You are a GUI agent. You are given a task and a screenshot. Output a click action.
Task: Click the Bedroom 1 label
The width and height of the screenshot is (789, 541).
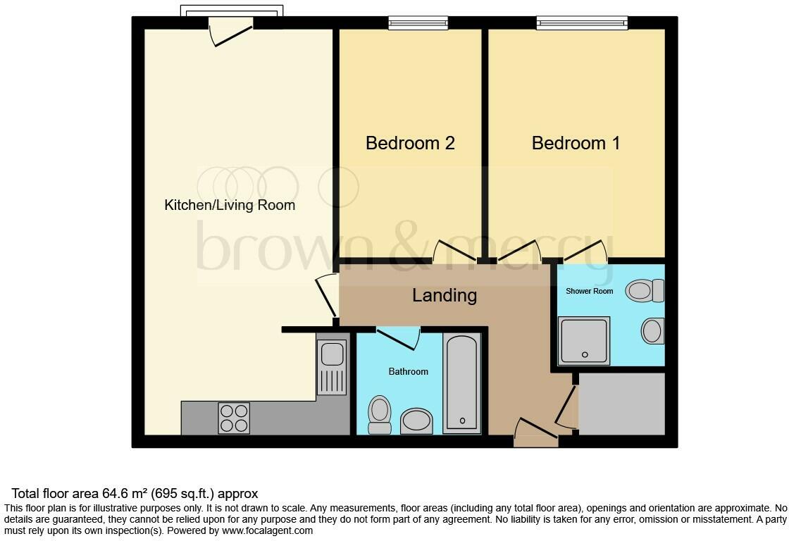[x=576, y=144]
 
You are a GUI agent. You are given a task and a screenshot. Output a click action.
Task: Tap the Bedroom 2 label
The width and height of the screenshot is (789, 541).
[x=410, y=144]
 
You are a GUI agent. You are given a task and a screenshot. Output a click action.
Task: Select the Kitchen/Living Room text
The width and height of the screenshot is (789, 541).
[x=230, y=206]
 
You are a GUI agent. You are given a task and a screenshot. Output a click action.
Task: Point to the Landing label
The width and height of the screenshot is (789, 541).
[x=445, y=295]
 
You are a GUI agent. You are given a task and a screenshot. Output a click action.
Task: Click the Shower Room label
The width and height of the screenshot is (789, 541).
[x=589, y=291]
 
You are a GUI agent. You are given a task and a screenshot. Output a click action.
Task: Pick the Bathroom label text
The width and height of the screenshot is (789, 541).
[x=408, y=371]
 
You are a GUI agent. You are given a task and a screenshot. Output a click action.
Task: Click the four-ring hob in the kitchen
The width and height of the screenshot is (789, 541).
[x=234, y=417]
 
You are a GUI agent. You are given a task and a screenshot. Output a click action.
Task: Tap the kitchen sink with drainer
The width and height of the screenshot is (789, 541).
[x=331, y=366]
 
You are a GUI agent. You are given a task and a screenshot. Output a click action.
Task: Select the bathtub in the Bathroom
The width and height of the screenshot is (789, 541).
[x=462, y=384]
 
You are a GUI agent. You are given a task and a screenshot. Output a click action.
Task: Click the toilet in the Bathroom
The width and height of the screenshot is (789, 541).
[x=380, y=414]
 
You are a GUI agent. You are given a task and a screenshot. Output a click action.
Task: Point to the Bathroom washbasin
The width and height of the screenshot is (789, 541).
[x=416, y=421]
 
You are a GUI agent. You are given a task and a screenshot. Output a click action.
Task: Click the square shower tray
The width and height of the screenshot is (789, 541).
[x=583, y=340]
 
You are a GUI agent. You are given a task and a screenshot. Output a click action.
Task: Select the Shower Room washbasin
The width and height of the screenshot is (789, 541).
[x=653, y=330]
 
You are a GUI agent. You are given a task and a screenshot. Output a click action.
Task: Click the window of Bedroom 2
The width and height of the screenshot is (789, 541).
[x=418, y=23]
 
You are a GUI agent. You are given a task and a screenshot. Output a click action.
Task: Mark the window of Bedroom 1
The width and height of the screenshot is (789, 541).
[x=582, y=23]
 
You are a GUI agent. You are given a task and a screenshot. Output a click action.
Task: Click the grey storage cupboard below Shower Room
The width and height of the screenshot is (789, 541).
[x=621, y=404]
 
